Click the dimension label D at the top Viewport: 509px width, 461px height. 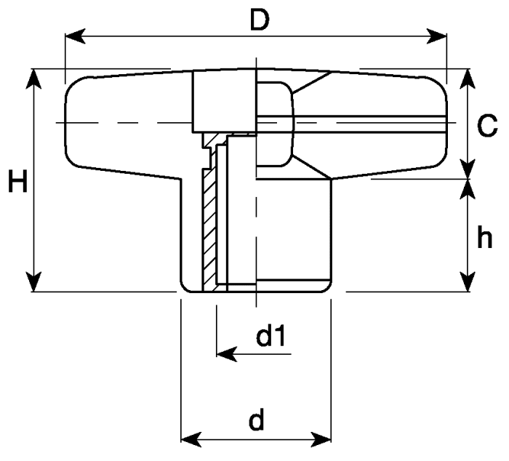[260, 20]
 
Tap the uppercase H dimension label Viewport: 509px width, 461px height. [17, 180]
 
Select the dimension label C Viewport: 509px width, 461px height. [487, 125]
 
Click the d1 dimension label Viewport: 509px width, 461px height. [270, 336]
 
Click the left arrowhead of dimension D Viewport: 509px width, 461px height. [76, 36]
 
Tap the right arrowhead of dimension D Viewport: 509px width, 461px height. [436, 36]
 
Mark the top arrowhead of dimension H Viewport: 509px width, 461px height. [33, 79]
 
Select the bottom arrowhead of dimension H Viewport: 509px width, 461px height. [33, 282]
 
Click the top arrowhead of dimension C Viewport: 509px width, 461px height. [468, 79]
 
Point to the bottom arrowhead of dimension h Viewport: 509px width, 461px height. [468, 282]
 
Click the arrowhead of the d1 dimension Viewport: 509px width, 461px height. [227, 354]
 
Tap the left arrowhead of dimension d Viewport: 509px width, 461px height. [191, 440]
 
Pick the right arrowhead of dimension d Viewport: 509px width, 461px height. [321, 440]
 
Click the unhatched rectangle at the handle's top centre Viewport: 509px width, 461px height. [225, 101]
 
